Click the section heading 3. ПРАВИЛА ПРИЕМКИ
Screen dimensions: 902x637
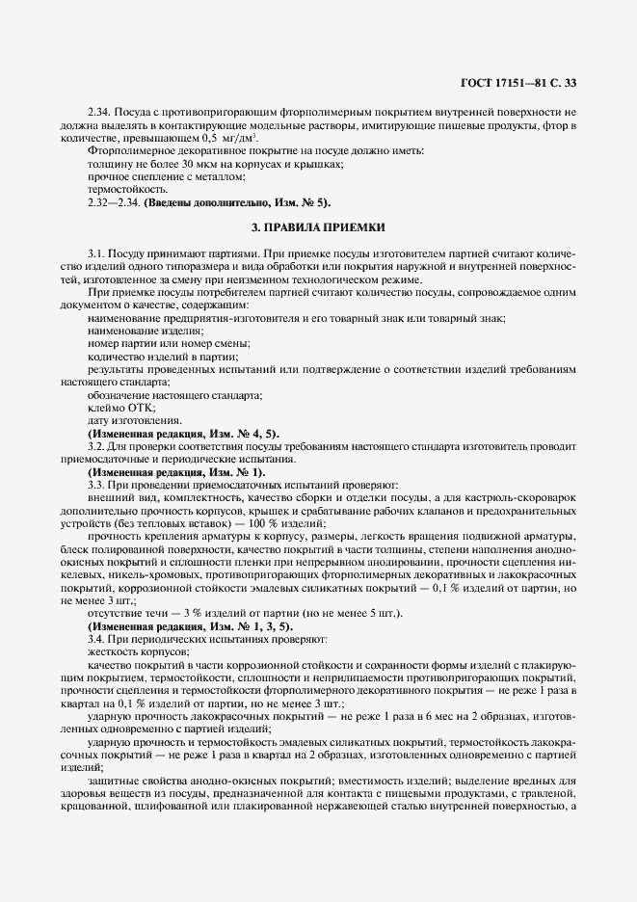[x=318, y=227]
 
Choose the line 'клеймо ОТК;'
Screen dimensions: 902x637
[x=115, y=408]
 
